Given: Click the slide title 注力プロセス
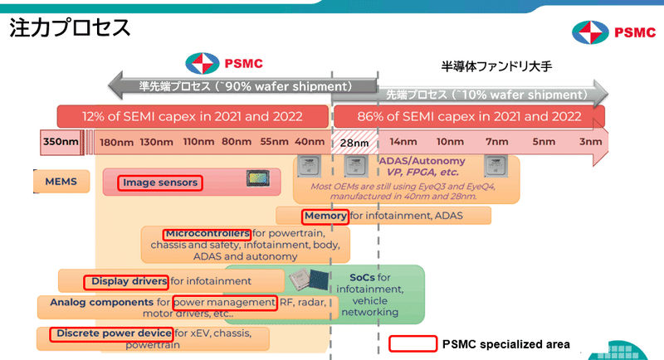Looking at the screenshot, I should coord(70,27).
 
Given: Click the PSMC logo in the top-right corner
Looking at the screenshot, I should coord(613,32).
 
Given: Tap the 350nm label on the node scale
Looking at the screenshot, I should coord(61,142).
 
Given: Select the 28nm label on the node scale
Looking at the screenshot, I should coord(354,143).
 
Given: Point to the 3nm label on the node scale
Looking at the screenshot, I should coord(590,142).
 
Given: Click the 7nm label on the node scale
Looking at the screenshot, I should coord(496,142).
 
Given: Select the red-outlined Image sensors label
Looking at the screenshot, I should coord(159,182).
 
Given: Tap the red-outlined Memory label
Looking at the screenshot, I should coord(325,216).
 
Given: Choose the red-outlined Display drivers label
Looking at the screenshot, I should coord(126,282).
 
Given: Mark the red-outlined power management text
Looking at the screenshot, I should coord(224,302).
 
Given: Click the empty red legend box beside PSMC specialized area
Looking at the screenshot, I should coord(413,343).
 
